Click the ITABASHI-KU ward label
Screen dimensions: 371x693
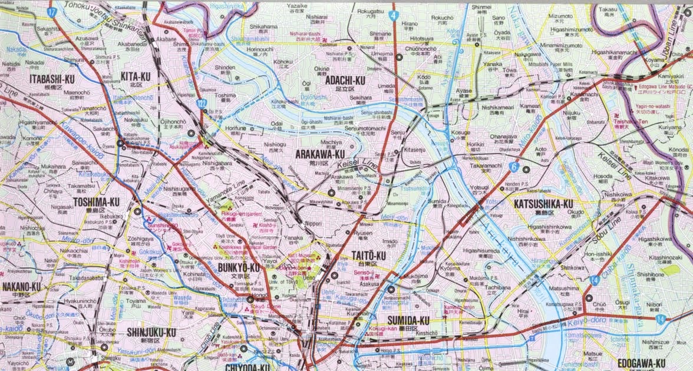52,78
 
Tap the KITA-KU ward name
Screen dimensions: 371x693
136,76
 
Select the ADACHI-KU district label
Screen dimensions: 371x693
345,79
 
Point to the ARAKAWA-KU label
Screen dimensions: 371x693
320,154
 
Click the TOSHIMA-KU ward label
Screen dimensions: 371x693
97,202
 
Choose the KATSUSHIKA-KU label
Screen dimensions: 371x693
543,204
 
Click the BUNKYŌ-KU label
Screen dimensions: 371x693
239,268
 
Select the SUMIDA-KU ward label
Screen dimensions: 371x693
408,320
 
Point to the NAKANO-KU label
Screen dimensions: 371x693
22,287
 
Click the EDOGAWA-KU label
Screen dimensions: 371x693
641,363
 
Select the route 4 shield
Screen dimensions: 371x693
392,15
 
